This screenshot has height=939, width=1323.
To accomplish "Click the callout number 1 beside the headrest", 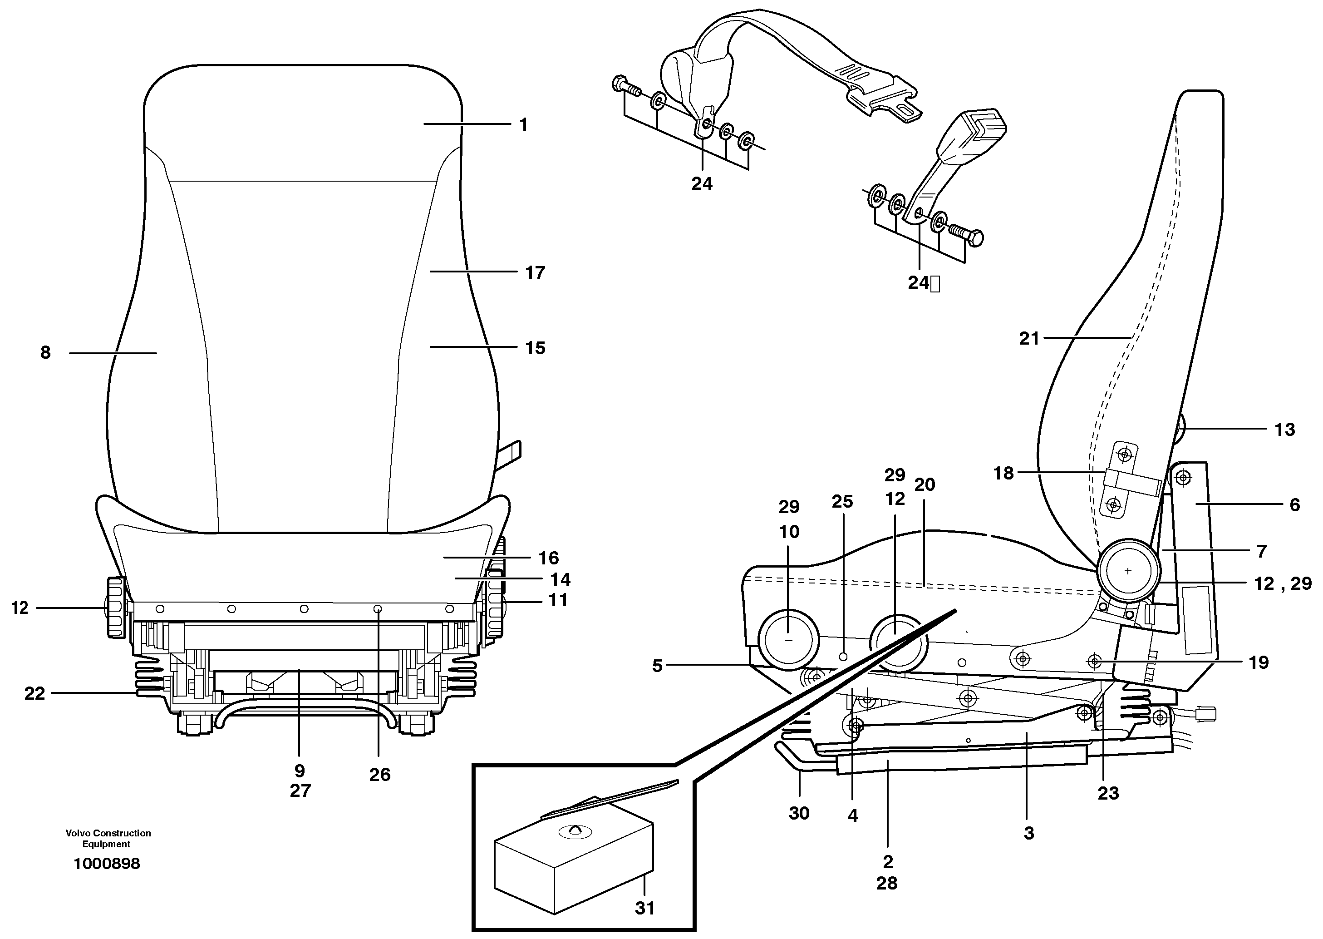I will coord(523,125).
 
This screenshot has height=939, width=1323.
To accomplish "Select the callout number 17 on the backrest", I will coord(535,272).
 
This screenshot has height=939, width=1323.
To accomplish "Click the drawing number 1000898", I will coord(107,864).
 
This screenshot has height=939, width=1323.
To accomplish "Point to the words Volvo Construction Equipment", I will coord(108,838).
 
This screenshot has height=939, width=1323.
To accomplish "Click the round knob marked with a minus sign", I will coord(789,640).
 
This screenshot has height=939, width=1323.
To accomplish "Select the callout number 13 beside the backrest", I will coord(1285,430).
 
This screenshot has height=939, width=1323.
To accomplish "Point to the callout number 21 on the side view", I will coord(1029,339).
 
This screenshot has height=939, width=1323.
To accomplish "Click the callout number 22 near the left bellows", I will coord(34,693).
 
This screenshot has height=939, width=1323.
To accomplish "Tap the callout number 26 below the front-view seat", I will coord(380,775).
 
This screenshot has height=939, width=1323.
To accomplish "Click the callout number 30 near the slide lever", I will coord(799,813).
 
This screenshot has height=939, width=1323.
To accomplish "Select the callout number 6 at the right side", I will coord(1295,505).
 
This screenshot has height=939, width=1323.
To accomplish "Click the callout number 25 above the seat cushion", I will coord(842,501).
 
